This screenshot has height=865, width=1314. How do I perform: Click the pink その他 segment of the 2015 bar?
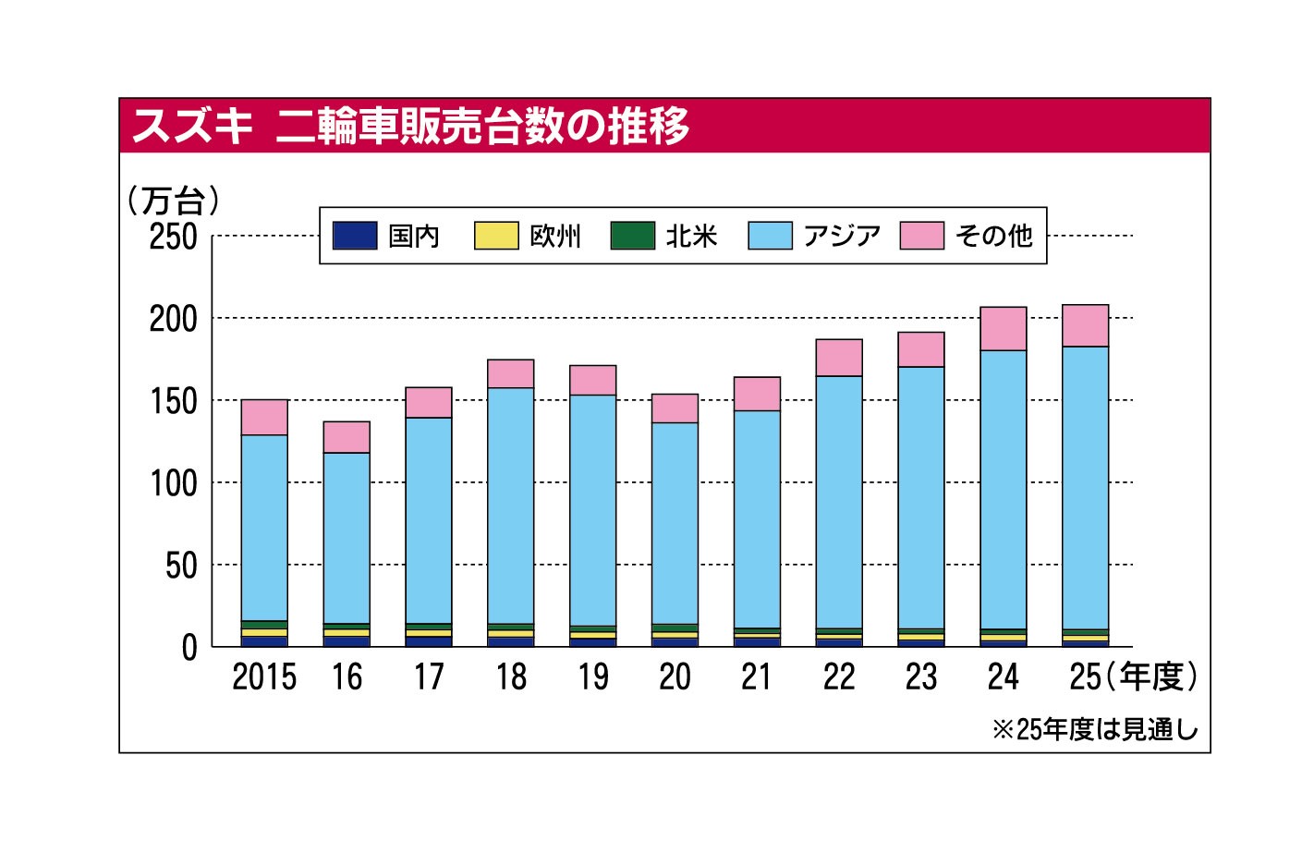click(264, 418)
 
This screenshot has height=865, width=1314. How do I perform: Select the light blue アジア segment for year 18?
click(511, 506)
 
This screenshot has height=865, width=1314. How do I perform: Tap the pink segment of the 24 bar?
click(1004, 329)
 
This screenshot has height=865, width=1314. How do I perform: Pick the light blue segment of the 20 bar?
click(675, 523)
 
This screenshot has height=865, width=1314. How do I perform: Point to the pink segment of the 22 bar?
click(839, 358)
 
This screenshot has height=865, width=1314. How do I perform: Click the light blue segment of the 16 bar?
click(347, 538)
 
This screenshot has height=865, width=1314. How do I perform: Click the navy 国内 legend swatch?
click(355, 236)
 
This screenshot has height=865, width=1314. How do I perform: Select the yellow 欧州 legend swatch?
click(496, 236)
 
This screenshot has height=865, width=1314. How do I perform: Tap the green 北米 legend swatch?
click(633, 236)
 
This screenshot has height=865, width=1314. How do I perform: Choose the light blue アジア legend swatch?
click(770, 236)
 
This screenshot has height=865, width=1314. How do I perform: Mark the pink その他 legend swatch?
click(922, 236)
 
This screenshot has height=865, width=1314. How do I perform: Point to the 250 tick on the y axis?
click(174, 237)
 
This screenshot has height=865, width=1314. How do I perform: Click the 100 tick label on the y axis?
click(174, 483)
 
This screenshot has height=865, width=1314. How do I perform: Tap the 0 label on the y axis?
click(189, 648)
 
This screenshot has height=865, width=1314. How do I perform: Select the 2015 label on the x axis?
click(264, 677)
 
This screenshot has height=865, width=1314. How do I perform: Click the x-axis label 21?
click(757, 677)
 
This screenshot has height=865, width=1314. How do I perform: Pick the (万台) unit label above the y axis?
click(174, 200)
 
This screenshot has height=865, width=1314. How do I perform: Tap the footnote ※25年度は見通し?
click(1095, 730)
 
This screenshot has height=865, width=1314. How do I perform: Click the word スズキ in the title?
click(192, 126)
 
